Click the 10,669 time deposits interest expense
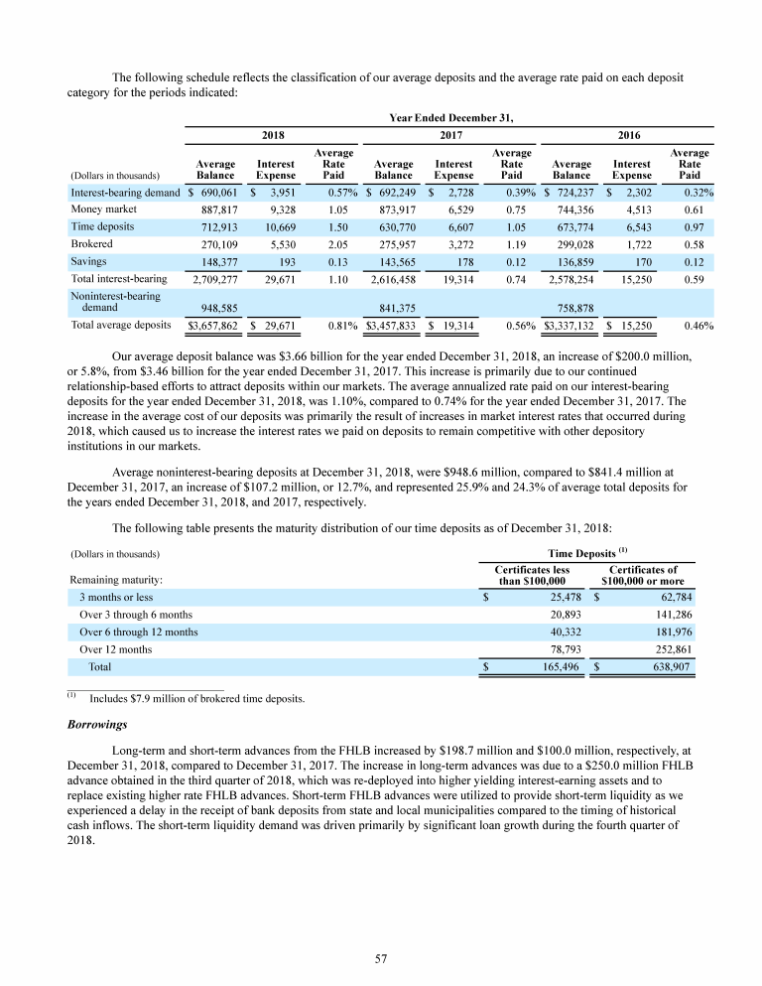click(277, 226)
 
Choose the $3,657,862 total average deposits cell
click(212, 326)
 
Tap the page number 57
click(380, 958)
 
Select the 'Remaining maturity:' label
click(116, 580)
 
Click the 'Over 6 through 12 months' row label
click(138, 633)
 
